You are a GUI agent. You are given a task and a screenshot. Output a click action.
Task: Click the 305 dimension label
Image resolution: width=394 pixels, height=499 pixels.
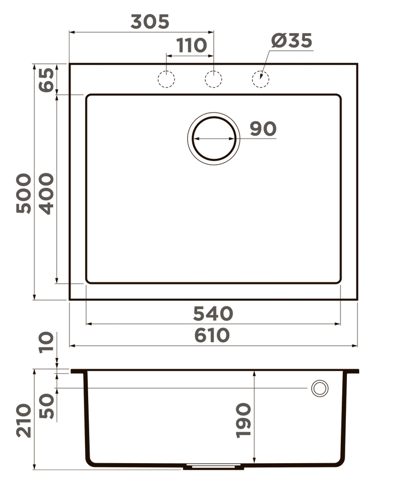click(x=150, y=21)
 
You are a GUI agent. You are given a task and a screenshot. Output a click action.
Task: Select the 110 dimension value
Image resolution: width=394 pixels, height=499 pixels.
click(x=191, y=46)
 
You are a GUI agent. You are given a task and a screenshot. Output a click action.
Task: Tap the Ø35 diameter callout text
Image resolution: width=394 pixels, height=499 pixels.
click(x=291, y=41)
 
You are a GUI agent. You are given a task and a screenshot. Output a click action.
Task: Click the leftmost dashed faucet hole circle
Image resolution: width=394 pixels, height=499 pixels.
click(x=166, y=79)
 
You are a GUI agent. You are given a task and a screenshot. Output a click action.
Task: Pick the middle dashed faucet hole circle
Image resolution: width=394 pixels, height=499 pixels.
click(x=213, y=79)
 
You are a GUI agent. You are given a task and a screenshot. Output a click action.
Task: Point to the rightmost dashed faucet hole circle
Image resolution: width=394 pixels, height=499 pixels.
click(x=260, y=79)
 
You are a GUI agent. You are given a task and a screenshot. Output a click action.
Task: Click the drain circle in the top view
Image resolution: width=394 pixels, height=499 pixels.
click(x=213, y=139)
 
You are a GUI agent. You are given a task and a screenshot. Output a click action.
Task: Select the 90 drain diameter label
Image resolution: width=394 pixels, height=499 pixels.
click(x=263, y=129)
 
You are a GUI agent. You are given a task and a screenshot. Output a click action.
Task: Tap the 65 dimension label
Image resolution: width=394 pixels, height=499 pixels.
click(x=47, y=80)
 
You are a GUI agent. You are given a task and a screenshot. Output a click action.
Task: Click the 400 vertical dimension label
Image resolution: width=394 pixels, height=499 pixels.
click(x=47, y=194)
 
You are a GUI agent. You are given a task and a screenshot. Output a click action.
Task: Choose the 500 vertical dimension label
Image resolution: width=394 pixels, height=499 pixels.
click(x=24, y=194)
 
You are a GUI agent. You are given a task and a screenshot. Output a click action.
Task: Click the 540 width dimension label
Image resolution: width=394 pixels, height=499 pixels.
click(x=213, y=313)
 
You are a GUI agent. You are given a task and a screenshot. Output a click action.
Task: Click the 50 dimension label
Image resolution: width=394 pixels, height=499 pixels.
click(x=47, y=406)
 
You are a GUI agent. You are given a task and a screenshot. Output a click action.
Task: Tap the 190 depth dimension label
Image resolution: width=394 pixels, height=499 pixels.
click(x=243, y=420)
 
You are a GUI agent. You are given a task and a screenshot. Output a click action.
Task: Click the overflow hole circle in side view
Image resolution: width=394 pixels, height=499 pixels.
click(x=320, y=388)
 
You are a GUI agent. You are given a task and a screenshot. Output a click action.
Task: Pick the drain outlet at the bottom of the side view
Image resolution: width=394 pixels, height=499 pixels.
click(x=213, y=467)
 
